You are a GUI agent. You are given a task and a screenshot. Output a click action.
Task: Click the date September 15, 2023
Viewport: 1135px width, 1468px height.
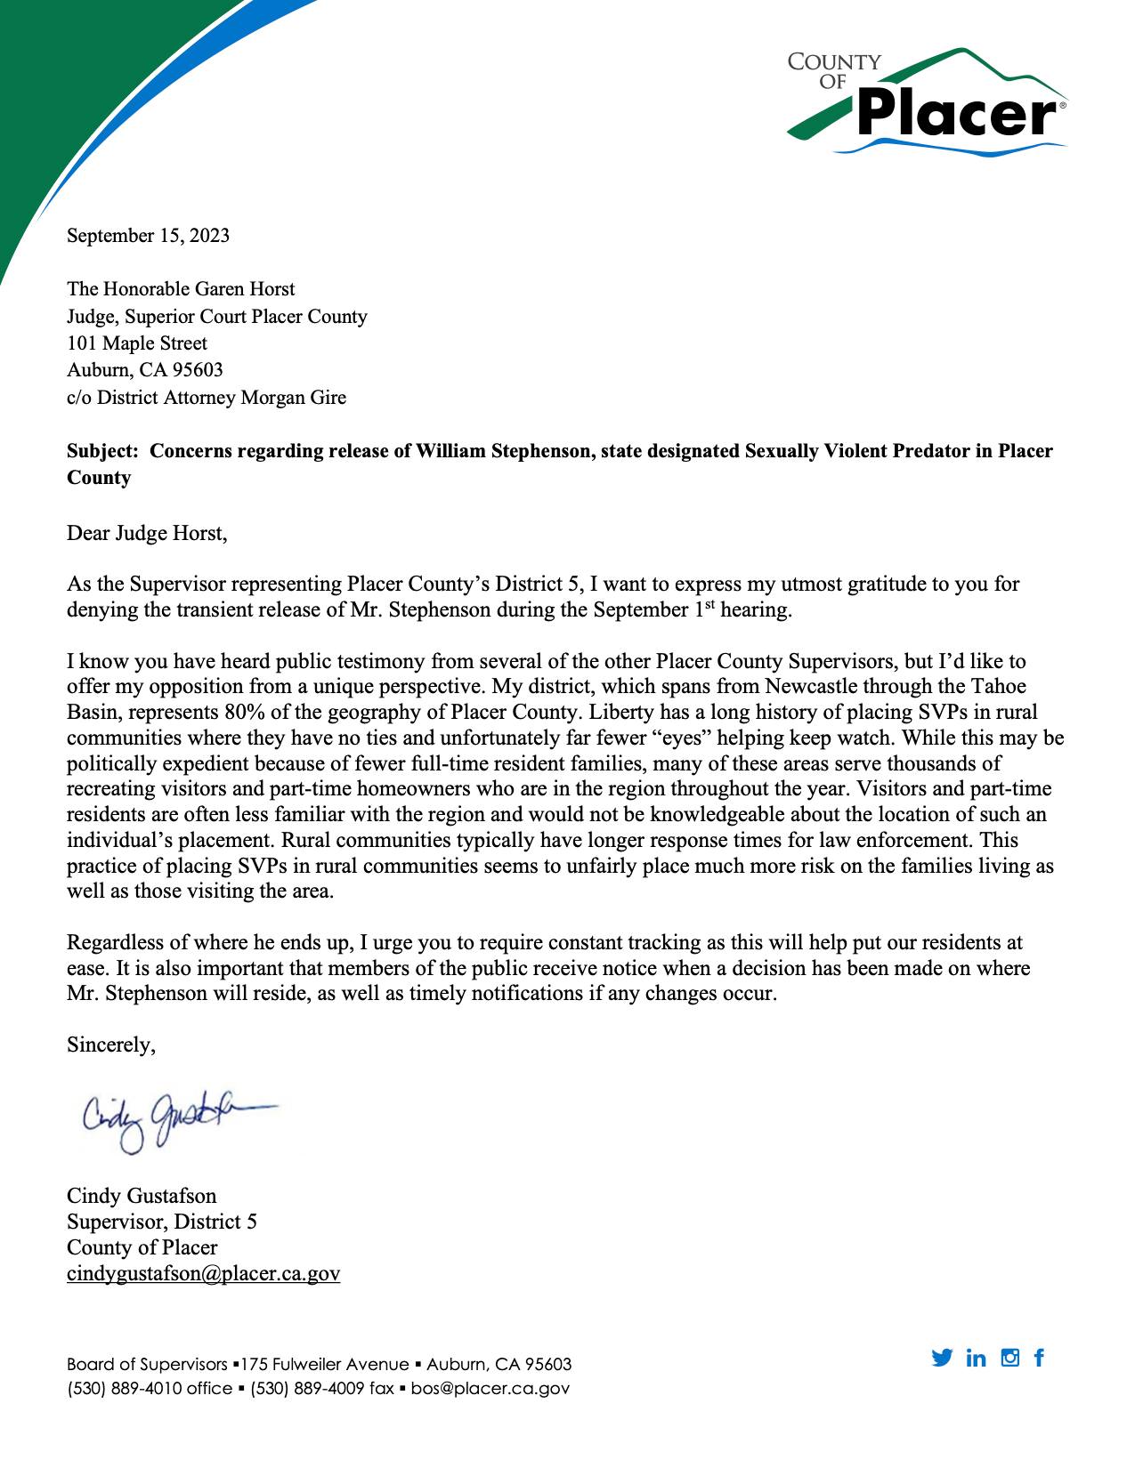(148, 236)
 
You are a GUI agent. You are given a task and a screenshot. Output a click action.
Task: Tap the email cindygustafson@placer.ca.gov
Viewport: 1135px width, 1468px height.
(203, 1274)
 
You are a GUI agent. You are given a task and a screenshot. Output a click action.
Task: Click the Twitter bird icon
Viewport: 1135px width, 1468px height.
(942, 1358)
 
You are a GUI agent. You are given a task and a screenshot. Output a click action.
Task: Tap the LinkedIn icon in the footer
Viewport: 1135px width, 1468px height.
(976, 1358)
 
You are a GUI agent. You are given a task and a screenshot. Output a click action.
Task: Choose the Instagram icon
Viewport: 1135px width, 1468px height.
(1009, 1358)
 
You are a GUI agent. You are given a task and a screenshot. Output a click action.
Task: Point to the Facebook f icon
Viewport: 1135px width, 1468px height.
(1039, 1358)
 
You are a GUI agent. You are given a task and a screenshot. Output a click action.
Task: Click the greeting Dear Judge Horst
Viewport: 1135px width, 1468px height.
(147, 534)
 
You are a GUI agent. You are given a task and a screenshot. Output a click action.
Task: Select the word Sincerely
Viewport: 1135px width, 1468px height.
(111, 1045)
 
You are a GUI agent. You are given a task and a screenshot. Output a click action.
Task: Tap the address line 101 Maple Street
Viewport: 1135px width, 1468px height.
(137, 343)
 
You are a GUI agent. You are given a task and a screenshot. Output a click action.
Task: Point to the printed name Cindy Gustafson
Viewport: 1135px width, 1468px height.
(142, 1195)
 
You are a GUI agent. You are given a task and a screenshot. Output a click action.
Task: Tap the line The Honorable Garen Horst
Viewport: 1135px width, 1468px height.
(181, 289)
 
